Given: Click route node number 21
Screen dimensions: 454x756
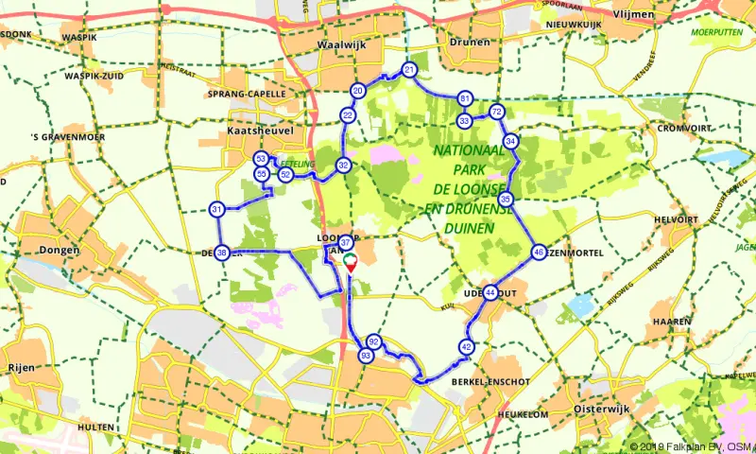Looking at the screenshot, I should (x=409, y=70).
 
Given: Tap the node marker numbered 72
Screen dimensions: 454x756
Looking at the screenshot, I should (x=496, y=113).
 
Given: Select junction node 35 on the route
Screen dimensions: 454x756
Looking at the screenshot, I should (x=507, y=200).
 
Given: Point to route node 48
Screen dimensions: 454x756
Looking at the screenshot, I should (x=538, y=253).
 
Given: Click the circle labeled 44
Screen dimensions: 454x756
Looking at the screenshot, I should (x=490, y=293).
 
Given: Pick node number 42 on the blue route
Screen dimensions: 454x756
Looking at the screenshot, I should (x=467, y=347).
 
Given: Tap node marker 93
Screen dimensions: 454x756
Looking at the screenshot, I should (x=366, y=356).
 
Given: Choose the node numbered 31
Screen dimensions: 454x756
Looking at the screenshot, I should (x=217, y=210).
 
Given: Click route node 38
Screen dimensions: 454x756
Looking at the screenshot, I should (x=222, y=253).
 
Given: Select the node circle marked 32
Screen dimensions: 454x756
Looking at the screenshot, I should (x=344, y=166).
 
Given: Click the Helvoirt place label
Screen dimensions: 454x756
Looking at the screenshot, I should (x=677, y=219).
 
